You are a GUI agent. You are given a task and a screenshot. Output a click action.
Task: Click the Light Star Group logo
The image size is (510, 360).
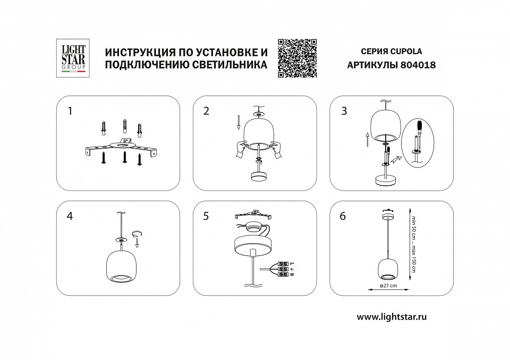[x=71, y=58]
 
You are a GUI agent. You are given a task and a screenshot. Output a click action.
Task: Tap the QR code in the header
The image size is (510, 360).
[x=297, y=58]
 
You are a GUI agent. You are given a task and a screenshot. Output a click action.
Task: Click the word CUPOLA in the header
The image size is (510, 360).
[x=406, y=52]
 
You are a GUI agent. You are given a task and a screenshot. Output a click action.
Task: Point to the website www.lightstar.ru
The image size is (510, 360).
[x=392, y=316]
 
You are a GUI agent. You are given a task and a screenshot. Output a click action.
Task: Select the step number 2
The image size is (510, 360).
[x=207, y=111]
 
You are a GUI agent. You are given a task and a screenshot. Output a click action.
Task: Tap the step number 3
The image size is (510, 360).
[x=344, y=111]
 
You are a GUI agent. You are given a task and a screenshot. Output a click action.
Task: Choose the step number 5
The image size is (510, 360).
[x=207, y=216]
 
